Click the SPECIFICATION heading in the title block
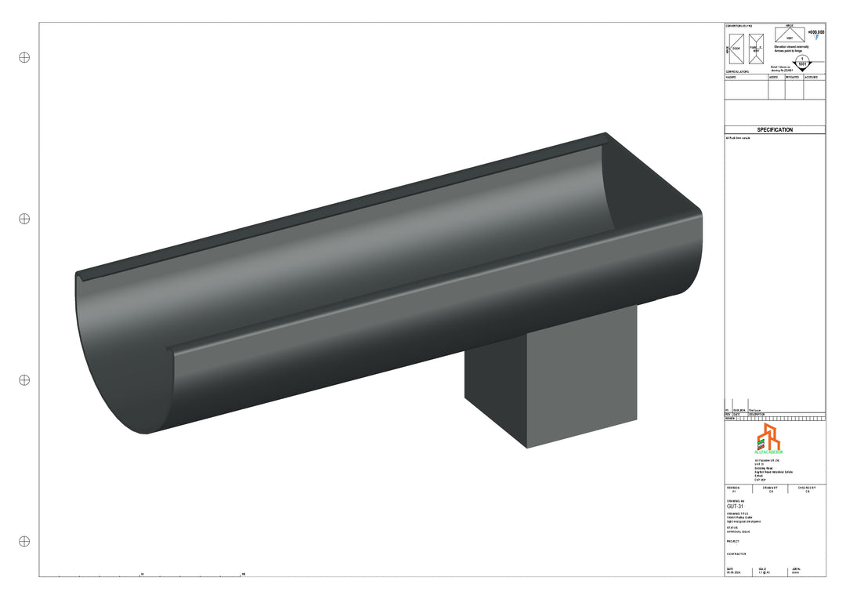(x=775, y=130)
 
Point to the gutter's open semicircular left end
(x=125, y=353)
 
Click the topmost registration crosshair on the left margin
(x=24, y=57)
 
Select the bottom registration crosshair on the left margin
(x=24, y=541)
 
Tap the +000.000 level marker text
(x=815, y=33)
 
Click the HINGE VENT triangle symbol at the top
(x=790, y=35)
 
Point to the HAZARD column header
(x=732, y=78)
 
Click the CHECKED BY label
(x=807, y=487)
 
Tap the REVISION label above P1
(x=734, y=487)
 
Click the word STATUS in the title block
(x=732, y=528)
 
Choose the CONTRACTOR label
(x=737, y=554)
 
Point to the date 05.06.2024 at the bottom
(x=734, y=573)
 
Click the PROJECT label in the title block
(x=733, y=541)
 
